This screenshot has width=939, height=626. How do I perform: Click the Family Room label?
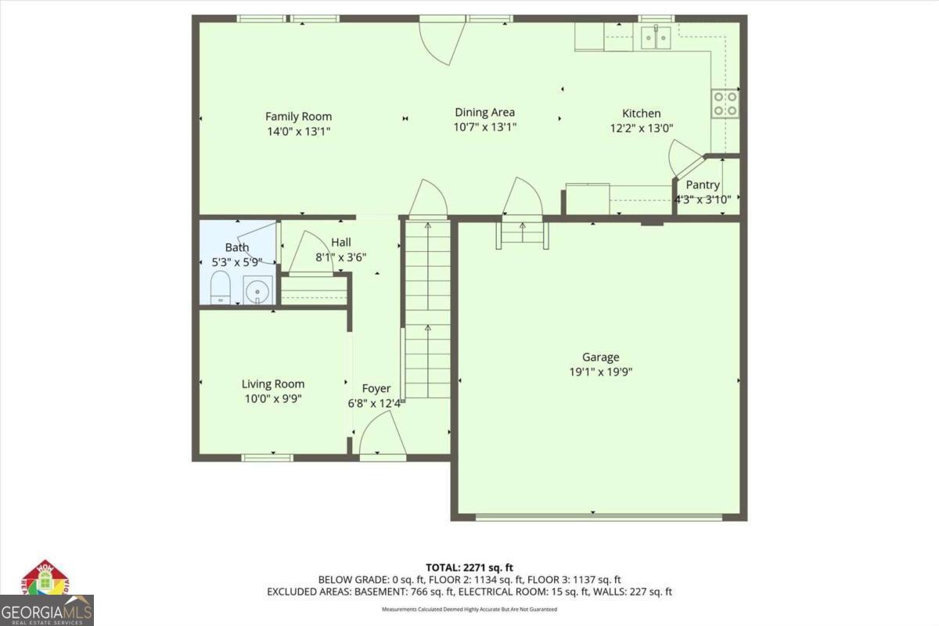[297, 117]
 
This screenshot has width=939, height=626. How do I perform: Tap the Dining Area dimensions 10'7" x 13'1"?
[484, 127]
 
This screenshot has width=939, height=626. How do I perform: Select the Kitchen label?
[641, 113]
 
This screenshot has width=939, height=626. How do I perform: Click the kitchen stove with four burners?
[725, 104]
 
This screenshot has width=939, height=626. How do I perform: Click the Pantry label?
[702, 185]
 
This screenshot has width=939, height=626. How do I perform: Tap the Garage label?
[599, 358]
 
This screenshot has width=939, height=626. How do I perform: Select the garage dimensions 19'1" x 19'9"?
[599, 372]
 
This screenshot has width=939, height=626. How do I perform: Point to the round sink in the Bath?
[257, 291]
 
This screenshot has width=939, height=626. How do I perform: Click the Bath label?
[236, 248]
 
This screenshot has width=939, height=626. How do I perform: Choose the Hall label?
[340, 242]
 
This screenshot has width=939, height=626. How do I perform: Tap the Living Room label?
[272, 384]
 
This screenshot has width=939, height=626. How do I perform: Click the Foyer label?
[376, 389]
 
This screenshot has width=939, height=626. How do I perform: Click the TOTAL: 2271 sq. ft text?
[469, 567]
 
